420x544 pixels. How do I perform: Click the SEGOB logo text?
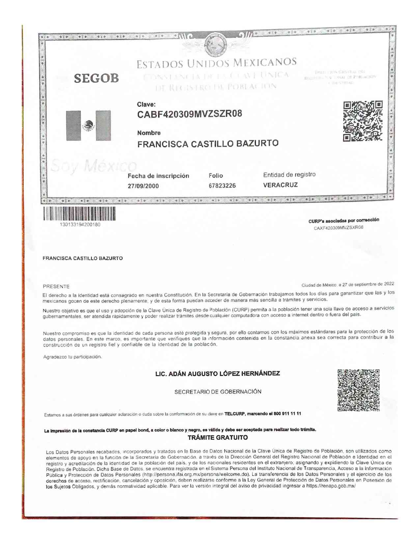pos(96,78)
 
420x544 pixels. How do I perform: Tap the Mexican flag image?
pos(88,126)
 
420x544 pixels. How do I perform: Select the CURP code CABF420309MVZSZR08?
pos(189,114)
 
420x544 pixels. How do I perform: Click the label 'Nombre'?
pos(149,133)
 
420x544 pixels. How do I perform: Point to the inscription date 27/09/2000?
pos(143,186)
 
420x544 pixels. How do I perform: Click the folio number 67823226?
pos(222,186)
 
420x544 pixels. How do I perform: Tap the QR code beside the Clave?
pos(363,121)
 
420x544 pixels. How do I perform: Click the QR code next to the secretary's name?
pos(358,390)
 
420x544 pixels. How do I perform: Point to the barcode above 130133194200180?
pos(79,214)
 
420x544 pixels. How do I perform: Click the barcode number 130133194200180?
pos(80,225)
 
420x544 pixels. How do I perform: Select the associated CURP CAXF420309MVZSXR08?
pos(338,227)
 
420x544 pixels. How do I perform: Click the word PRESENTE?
pos(56,287)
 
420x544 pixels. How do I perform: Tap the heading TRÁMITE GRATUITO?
pos(217,438)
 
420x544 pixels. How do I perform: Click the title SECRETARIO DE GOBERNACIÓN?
pos(218,392)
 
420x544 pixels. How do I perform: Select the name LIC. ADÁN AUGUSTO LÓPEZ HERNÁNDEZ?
pos(217,374)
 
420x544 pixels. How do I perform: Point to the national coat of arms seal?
pos(215,45)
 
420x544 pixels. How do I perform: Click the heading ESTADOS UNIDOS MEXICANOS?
pos(216,63)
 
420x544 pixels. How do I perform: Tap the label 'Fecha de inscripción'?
pos(158,176)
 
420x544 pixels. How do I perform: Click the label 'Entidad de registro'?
pos(289,174)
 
